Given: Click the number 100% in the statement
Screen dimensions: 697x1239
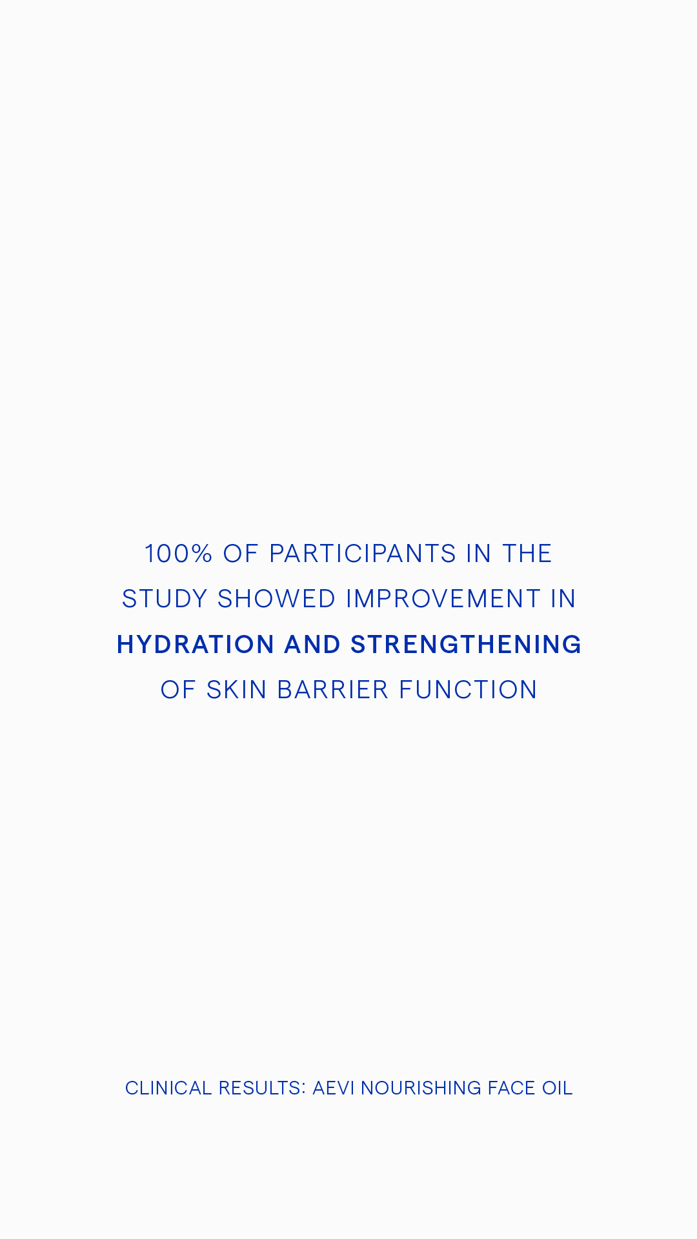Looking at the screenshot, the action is click(x=178, y=554).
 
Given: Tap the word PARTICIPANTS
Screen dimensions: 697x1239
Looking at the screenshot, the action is click(x=363, y=554).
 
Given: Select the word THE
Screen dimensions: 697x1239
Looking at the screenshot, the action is click(x=527, y=554).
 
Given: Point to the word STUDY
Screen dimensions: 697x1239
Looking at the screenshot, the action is click(x=165, y=599).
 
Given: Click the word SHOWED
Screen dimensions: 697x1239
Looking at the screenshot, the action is click(x=276, y=599).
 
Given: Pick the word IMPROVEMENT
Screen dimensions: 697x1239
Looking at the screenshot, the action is click(x=443, y=599).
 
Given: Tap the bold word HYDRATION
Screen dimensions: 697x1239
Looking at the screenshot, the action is click(x=196, y=645).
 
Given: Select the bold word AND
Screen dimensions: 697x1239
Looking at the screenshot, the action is click(x=312, y=645).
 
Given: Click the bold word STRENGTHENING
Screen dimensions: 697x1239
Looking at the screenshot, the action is click(x=466, y=645).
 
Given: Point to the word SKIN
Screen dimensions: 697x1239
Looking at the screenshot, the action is click(x=236, y=690).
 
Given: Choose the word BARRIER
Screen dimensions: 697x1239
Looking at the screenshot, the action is click(x=333, y=690).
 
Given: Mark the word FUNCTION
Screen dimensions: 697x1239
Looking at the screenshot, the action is click(x=468, y=690).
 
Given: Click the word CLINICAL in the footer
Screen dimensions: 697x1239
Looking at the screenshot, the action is click(x=168, y=1088).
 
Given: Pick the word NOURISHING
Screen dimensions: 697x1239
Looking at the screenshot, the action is click(x=421, y=1088).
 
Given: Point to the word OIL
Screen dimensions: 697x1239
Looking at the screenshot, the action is click(x=557, y=1088).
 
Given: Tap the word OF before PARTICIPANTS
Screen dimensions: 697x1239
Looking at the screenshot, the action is click(x=241, y=554).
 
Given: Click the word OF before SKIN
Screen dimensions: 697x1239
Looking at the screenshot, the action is click(x=178, y=690).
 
